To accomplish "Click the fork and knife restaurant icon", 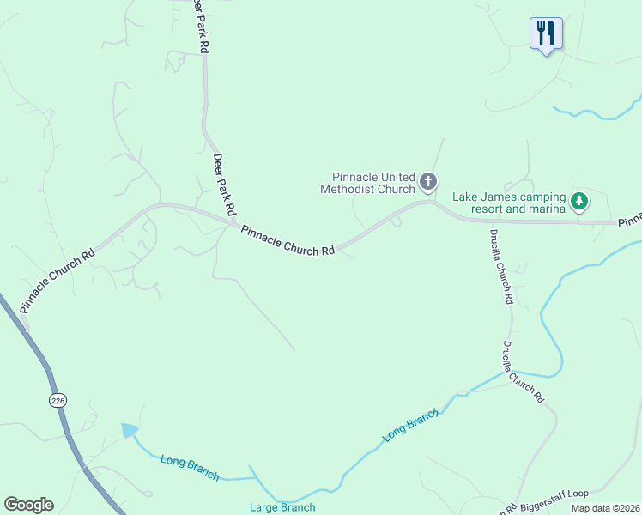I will (x=546, y=34).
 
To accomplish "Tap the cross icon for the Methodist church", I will (x=428, y=182).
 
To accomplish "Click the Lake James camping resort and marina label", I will (x=509, y=203).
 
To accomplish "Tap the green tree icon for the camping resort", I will (x=580, y=202).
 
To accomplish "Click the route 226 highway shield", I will (x=58, y=400).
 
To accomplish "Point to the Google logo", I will (x=28, y=505).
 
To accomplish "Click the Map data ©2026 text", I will (x=605, y=508).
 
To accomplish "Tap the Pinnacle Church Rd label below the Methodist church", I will (x=288, y=241).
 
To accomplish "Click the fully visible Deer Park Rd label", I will (x=224, y=185).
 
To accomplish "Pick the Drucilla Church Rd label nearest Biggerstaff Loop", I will (x=523, y=373).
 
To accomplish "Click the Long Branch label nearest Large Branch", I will (x=189, y=468).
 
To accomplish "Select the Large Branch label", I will (x=282, y=507).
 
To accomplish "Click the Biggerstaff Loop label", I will (x=553, y=494).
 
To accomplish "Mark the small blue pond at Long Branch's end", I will (x=129, y=430).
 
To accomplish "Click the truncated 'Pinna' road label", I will (x=629, y=221).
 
